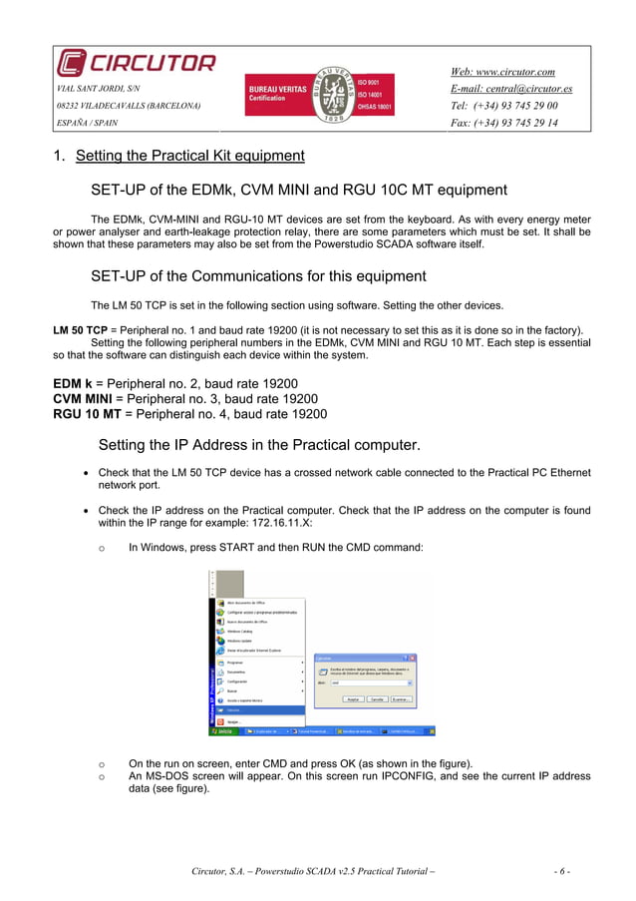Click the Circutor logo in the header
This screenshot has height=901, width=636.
(136, 64)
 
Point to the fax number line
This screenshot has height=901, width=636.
(504, 124)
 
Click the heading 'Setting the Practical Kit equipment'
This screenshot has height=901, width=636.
(189, 156)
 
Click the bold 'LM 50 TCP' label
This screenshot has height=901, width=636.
(80, 329)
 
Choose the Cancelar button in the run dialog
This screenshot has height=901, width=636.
(377, 700)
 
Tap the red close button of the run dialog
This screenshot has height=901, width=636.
(413, 659)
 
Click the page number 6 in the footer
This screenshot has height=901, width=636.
(562, 871)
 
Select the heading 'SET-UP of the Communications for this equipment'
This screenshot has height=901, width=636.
(258, 276)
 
